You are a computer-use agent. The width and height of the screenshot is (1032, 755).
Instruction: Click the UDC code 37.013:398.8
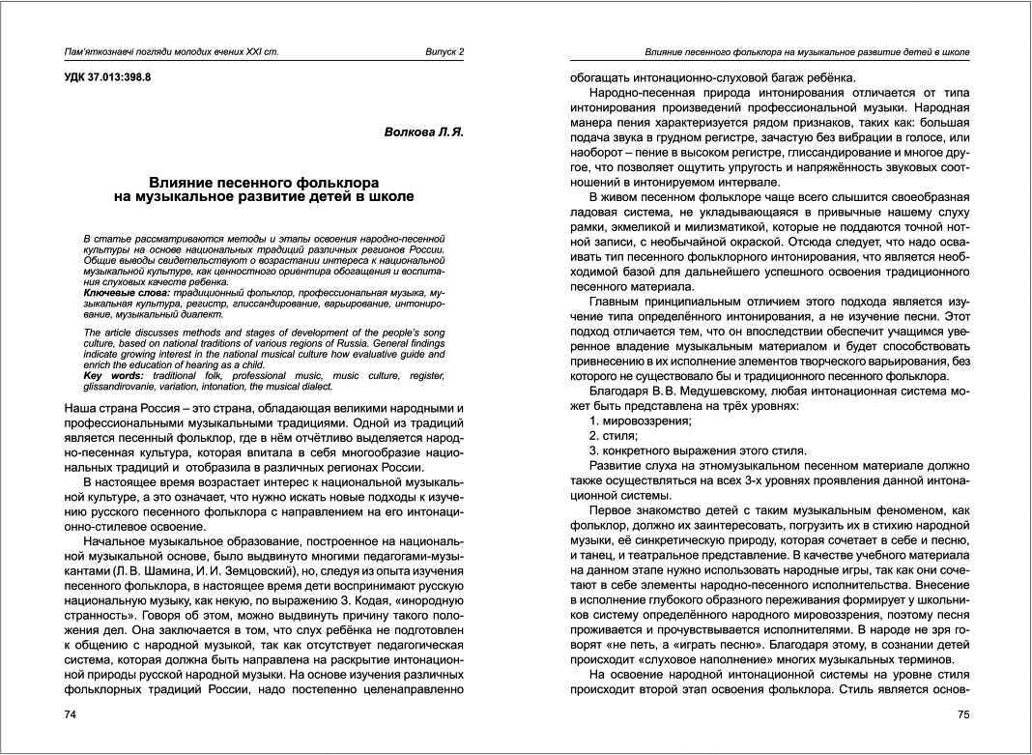point(101,75)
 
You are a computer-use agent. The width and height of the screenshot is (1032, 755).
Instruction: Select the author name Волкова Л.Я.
point(424,131)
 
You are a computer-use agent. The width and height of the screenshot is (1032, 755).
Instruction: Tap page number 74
point(70,714)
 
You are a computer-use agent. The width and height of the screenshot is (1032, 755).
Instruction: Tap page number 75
point(962,714)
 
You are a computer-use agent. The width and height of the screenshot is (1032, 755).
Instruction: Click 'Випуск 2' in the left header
point(444,51)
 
